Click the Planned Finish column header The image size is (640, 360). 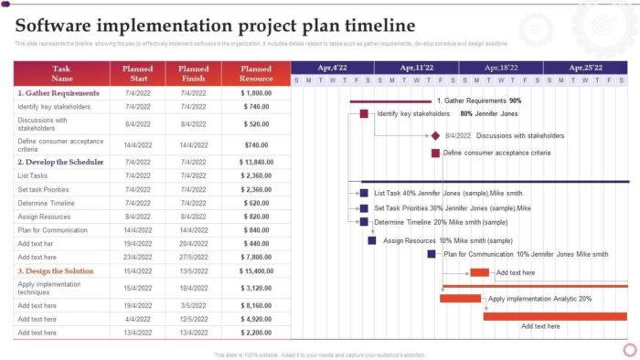pyautogui.click(x=193, y=73)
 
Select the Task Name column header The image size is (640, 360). pyautogui.click(x=61, y=73)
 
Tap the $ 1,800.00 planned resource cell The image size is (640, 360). pyautogui.click(x=256, y=93)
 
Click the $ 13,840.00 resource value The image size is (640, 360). pyautogui.click(x=256, y=162)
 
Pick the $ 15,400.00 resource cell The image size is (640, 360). pyautogui.click(x=256, y=271)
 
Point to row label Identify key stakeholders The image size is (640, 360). pyautogui.click(x=54, y=107)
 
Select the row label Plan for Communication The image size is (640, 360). pyautogui.click(x=53, y=230)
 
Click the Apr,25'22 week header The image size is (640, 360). pyautogui.click(x=585, y=68)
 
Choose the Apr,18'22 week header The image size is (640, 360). pyautogui.click(x=501, y=68)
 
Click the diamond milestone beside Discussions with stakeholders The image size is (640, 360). pyautogui.click(x=436, y=135)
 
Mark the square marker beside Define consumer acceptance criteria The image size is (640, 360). pyautogui.click(x=436, y=153)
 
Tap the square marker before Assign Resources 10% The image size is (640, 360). pyautogui.click(x=372, y=240)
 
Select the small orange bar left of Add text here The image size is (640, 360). pyautogui.click(x=480, y=272)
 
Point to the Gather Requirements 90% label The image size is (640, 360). pyautogui.click(x=479, y=101)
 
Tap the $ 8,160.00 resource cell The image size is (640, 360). pyautogui.click(x=256, y=305)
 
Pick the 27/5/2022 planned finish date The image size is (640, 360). pyautogui.click(x=193, y=258)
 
